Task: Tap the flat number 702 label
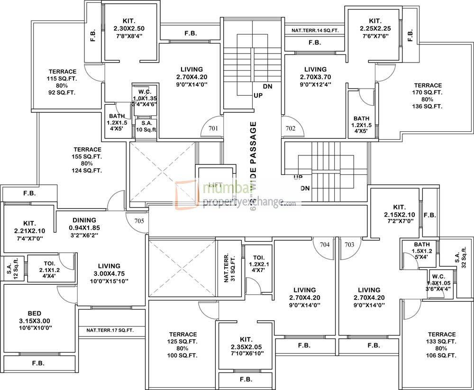tap(291, 128)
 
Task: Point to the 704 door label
tap(325, 245)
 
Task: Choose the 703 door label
tap(349, 245)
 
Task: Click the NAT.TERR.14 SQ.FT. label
tap(315, 30)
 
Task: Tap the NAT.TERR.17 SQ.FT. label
tap(109, 330)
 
